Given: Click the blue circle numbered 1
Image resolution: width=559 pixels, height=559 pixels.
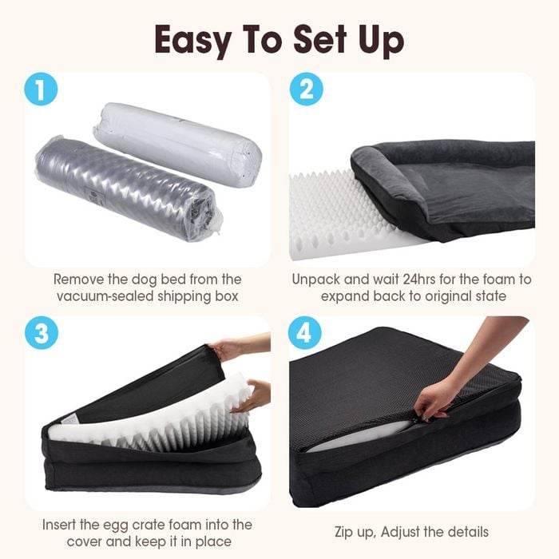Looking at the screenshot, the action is pos(41,89).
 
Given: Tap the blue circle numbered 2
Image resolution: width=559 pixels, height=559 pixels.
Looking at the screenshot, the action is pos(306,89).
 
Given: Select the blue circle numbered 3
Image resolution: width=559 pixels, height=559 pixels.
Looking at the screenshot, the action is pos(42,333).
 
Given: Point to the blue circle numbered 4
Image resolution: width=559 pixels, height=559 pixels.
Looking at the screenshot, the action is pos(305,333).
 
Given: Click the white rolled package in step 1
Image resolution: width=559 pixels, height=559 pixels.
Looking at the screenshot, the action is pos(177,143).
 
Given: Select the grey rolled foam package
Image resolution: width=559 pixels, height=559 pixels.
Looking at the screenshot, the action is pos(128,187).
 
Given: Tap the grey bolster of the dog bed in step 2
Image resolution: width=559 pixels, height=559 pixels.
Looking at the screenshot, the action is pos(389,178).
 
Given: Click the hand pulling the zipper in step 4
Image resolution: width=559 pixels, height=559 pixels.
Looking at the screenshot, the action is pos(463,375).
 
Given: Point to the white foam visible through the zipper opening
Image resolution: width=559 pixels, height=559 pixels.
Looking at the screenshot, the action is pos(360,433).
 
